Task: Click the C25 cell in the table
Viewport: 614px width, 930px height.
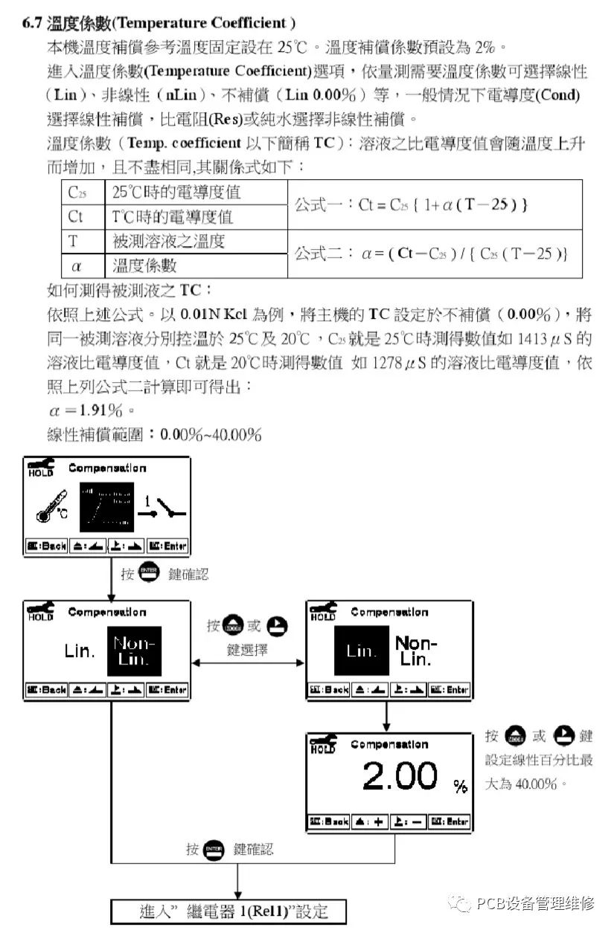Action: pyautogui.click(x=77, y=193)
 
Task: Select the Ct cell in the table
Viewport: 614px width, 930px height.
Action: pyautogui.click(x=75, y=216)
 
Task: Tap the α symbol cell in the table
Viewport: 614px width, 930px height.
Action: pyautogui.click(x=76, y=265)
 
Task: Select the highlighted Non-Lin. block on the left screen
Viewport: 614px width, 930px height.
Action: pyautogui.click(x=134, y=650)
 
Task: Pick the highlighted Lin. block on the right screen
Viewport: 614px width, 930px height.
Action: pyautogui.click(x=361, y=650)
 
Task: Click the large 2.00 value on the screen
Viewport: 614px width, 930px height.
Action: pyautogui.click(x=400, y=777)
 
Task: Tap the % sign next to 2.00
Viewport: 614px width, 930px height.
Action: pyautogui.click(x=461, y=787)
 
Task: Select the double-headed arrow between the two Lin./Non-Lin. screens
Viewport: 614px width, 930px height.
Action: pyautogui.click(x=249, y=662)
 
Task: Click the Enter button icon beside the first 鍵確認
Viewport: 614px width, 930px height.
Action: pyautogui.click(x=147, y=573)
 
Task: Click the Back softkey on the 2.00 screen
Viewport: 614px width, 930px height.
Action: pyautogui.click(x=330, y=822)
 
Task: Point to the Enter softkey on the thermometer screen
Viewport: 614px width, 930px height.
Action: pyautogui.click(x=167, y=546)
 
